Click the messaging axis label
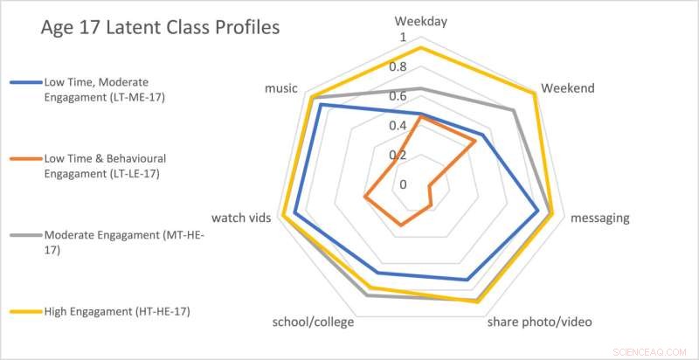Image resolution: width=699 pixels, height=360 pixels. (x=599, y=218)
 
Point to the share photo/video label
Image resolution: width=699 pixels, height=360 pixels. (x=539, y=322)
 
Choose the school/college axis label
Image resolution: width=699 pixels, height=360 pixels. (x=313, y=322)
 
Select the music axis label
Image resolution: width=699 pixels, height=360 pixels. (x=281, y=88)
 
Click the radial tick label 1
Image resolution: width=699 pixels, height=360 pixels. (x=403, y=38)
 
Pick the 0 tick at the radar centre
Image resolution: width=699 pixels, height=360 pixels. (x=403, y=184)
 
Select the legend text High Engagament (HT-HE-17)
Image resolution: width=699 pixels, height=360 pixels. (x=117, y=311)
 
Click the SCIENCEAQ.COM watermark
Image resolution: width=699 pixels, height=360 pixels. (x=650, y=349)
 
